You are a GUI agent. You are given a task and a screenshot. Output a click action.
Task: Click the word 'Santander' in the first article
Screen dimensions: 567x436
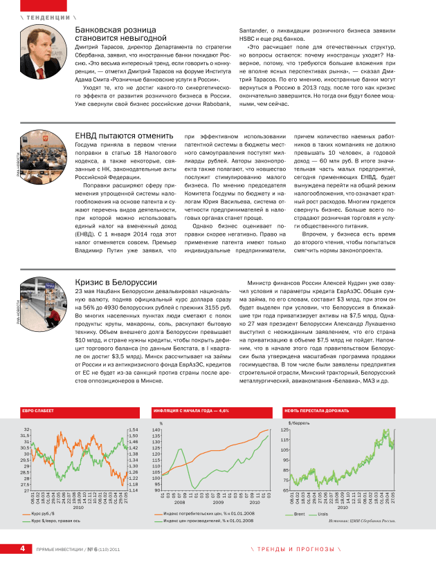coord(258,31)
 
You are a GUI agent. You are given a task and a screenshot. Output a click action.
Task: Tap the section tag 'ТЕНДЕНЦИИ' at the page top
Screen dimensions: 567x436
coord(48,15)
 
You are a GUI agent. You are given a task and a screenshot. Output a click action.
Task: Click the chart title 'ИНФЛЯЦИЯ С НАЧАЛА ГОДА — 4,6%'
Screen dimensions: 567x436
coord(190,411)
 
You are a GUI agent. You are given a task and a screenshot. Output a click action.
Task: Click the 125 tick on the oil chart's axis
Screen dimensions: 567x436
coord(284,430)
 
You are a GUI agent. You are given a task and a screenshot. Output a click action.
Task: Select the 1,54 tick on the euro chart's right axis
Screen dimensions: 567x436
coord(134,429)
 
